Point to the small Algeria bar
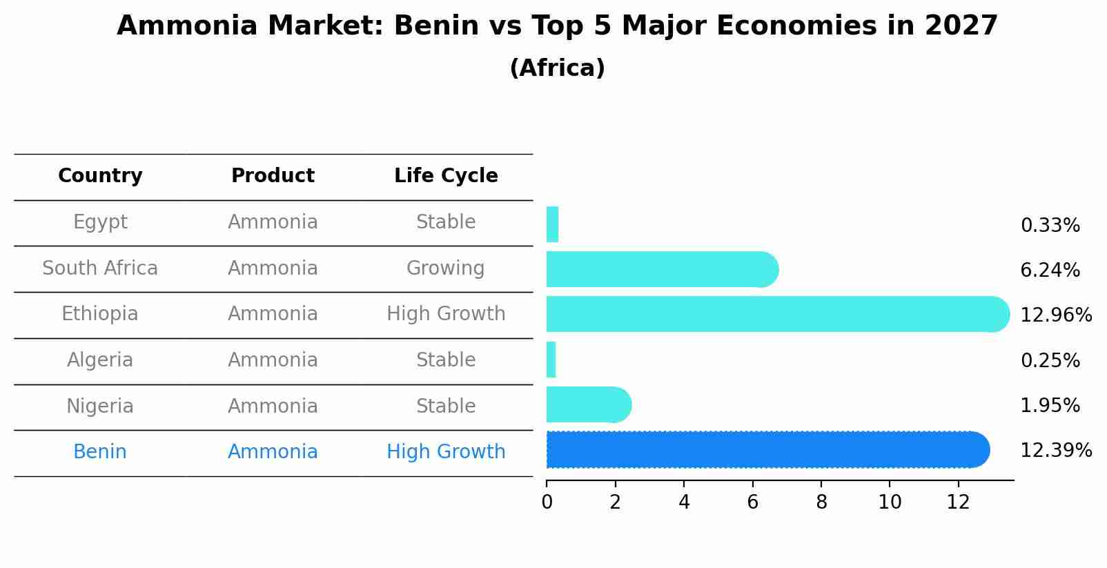pos(551,360)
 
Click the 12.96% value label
pos(1055,315)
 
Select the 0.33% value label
pos(1050,226)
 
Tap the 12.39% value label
pos(1055,451)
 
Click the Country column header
pos(100,176)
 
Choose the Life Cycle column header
pos(446,176)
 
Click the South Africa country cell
pos(100,268)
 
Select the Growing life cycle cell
pos(446,268)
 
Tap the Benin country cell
pos(100,452)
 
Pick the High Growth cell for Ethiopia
pos(446,314)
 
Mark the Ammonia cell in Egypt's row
pos(273,222)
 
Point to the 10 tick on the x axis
pos(890,502)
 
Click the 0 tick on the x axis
pos(547,502)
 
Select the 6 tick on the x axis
pos(752,502)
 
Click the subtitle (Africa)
pos(557,68)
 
